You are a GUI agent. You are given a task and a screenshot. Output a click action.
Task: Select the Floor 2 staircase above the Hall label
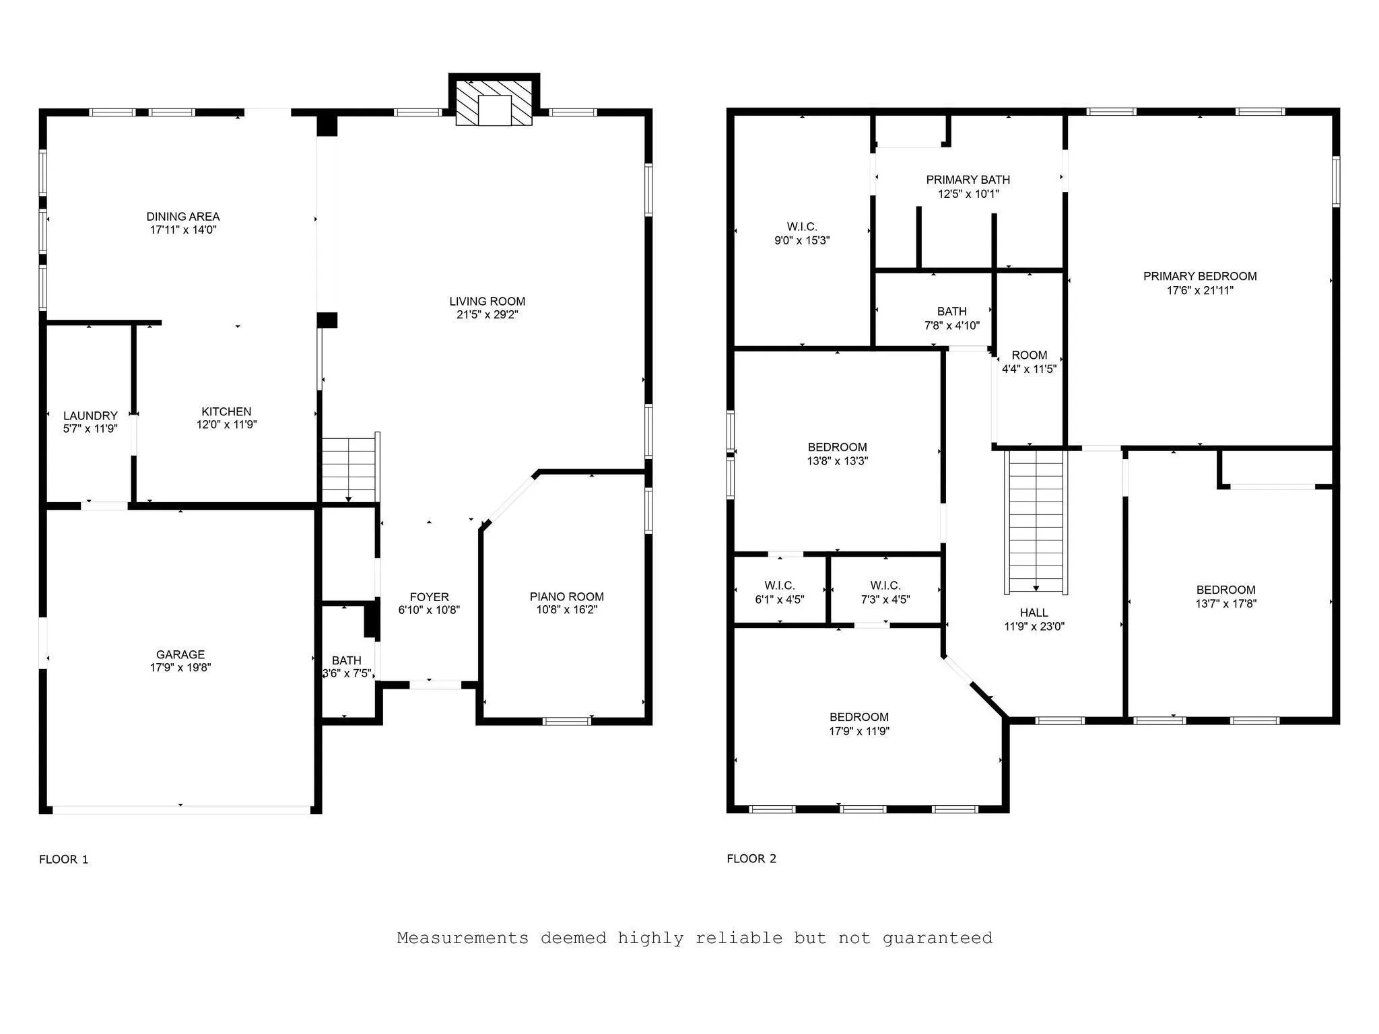pos(1036,522)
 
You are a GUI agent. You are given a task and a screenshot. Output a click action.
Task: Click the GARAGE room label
pos(180,654)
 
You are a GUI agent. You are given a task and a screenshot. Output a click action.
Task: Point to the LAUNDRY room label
pos(90,416)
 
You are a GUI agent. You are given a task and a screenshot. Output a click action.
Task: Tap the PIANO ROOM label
pos(566,596)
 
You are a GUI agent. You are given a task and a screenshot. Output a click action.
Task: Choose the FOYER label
pos(429,597)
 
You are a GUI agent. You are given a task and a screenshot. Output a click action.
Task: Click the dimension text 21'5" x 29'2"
pos(487,314)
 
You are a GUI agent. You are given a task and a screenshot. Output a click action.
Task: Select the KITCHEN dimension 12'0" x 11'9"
pos(226,425)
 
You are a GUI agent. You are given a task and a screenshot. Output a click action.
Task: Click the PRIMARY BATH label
pos(968,180)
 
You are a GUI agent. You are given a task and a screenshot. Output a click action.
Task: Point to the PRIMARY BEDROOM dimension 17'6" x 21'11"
pos(1200,291)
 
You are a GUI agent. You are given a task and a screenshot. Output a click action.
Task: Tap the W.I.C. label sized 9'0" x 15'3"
pos(802,227)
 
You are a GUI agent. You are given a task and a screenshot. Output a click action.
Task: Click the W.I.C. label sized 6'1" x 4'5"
pos(780,586)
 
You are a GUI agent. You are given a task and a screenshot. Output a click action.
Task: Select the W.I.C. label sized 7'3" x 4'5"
pos(885,586)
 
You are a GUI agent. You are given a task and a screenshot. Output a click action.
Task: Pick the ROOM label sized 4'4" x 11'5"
pos(1030,355)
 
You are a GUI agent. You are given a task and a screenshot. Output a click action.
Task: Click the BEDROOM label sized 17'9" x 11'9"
pos(859,717)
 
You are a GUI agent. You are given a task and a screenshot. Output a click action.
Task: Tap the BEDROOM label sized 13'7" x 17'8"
pos(1225,590)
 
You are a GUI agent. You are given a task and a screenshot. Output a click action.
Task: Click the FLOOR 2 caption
pos(751,859)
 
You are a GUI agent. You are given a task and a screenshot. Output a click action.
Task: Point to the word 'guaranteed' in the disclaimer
pos(937,938)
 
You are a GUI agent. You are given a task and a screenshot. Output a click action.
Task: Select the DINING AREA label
pos(183,217)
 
